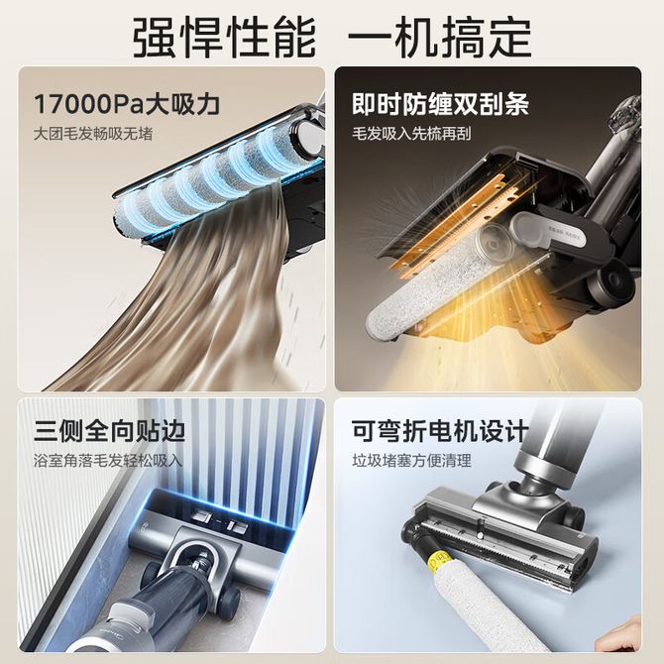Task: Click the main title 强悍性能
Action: point(224,38)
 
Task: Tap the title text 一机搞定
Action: point(440,38)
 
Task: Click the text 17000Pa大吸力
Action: point(127,104)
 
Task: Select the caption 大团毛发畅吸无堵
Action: point(93,134)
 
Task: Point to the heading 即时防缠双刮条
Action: point(440,104)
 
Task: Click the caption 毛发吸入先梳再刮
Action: point(411,134)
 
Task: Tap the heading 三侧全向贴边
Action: point(110,431)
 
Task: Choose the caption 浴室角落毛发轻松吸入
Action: point(108,461)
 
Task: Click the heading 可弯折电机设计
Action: point(440,431)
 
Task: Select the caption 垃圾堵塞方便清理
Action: point(411,461)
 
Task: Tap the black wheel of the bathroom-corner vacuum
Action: point(229,597)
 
